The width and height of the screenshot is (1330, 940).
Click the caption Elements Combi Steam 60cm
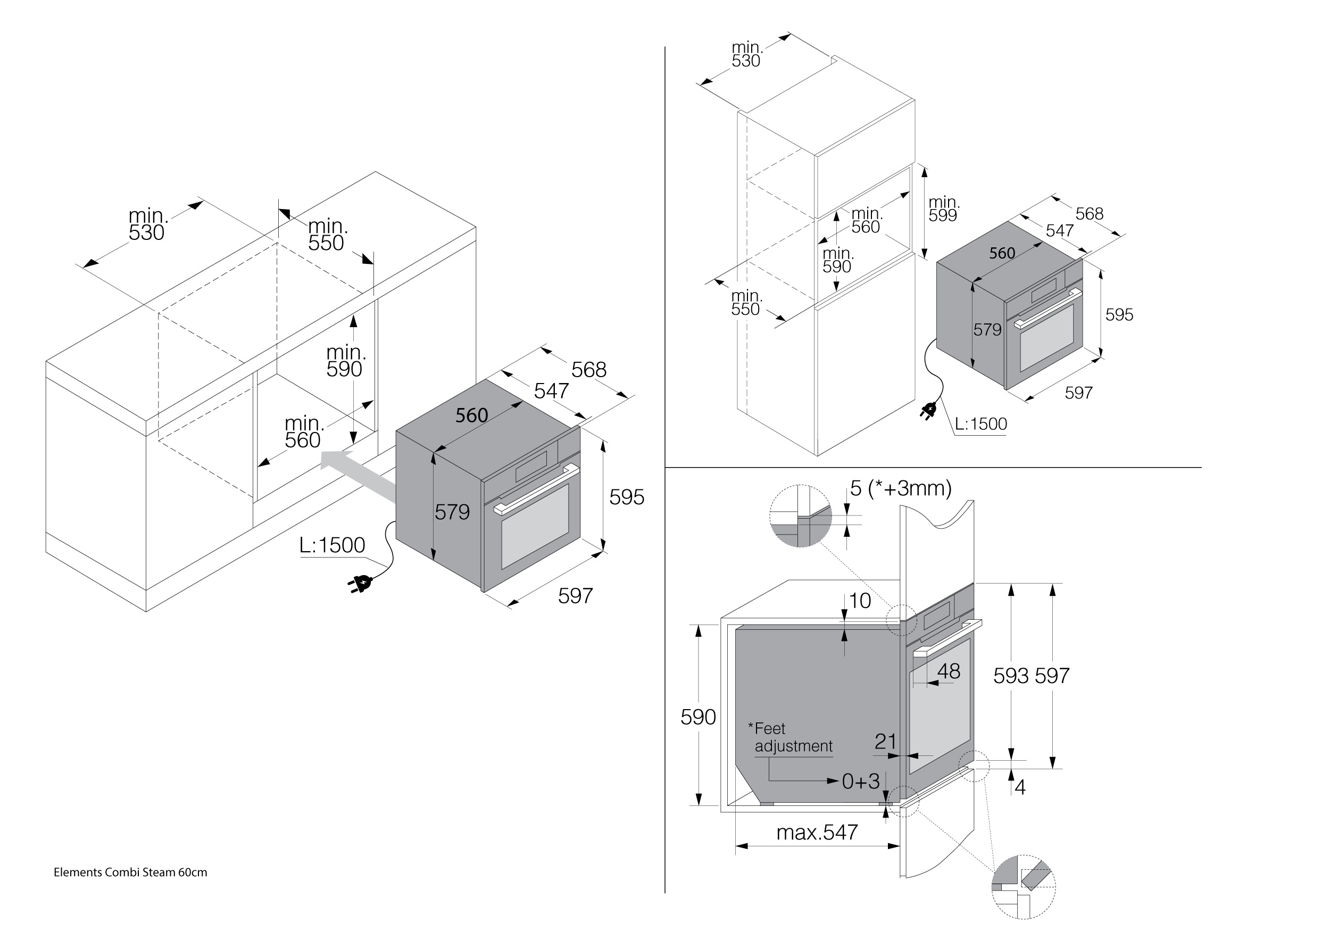click(130, 872)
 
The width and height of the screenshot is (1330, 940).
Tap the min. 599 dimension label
click(944, 209)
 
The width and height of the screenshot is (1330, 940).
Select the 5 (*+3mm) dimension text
click(901, 488)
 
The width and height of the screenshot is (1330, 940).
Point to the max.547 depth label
click(817, 832)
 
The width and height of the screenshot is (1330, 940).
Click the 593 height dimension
click(1011, 675)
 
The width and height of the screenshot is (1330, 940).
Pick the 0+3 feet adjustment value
click(860, 781)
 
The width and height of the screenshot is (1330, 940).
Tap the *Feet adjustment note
click(791, 737)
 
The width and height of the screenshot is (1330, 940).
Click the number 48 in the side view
click(948, 671)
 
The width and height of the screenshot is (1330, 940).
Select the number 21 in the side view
click(886, 742)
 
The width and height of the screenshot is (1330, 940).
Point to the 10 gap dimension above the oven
click(860, 601)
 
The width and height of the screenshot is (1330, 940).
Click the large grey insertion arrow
click(359, 475)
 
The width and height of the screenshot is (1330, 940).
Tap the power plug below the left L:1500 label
click(360, 584)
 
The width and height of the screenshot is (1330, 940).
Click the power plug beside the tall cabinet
click(928, 411)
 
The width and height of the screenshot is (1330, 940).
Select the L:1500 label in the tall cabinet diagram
click(980, 424)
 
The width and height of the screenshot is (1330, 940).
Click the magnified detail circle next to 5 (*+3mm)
click(801, 516)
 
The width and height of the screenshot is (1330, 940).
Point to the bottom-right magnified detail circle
click(1024, 886)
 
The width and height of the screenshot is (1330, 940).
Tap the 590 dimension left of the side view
click(698, 717)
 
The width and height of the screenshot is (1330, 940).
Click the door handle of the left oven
click(536, 489)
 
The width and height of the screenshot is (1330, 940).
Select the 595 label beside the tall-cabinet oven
click(1119, 314)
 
